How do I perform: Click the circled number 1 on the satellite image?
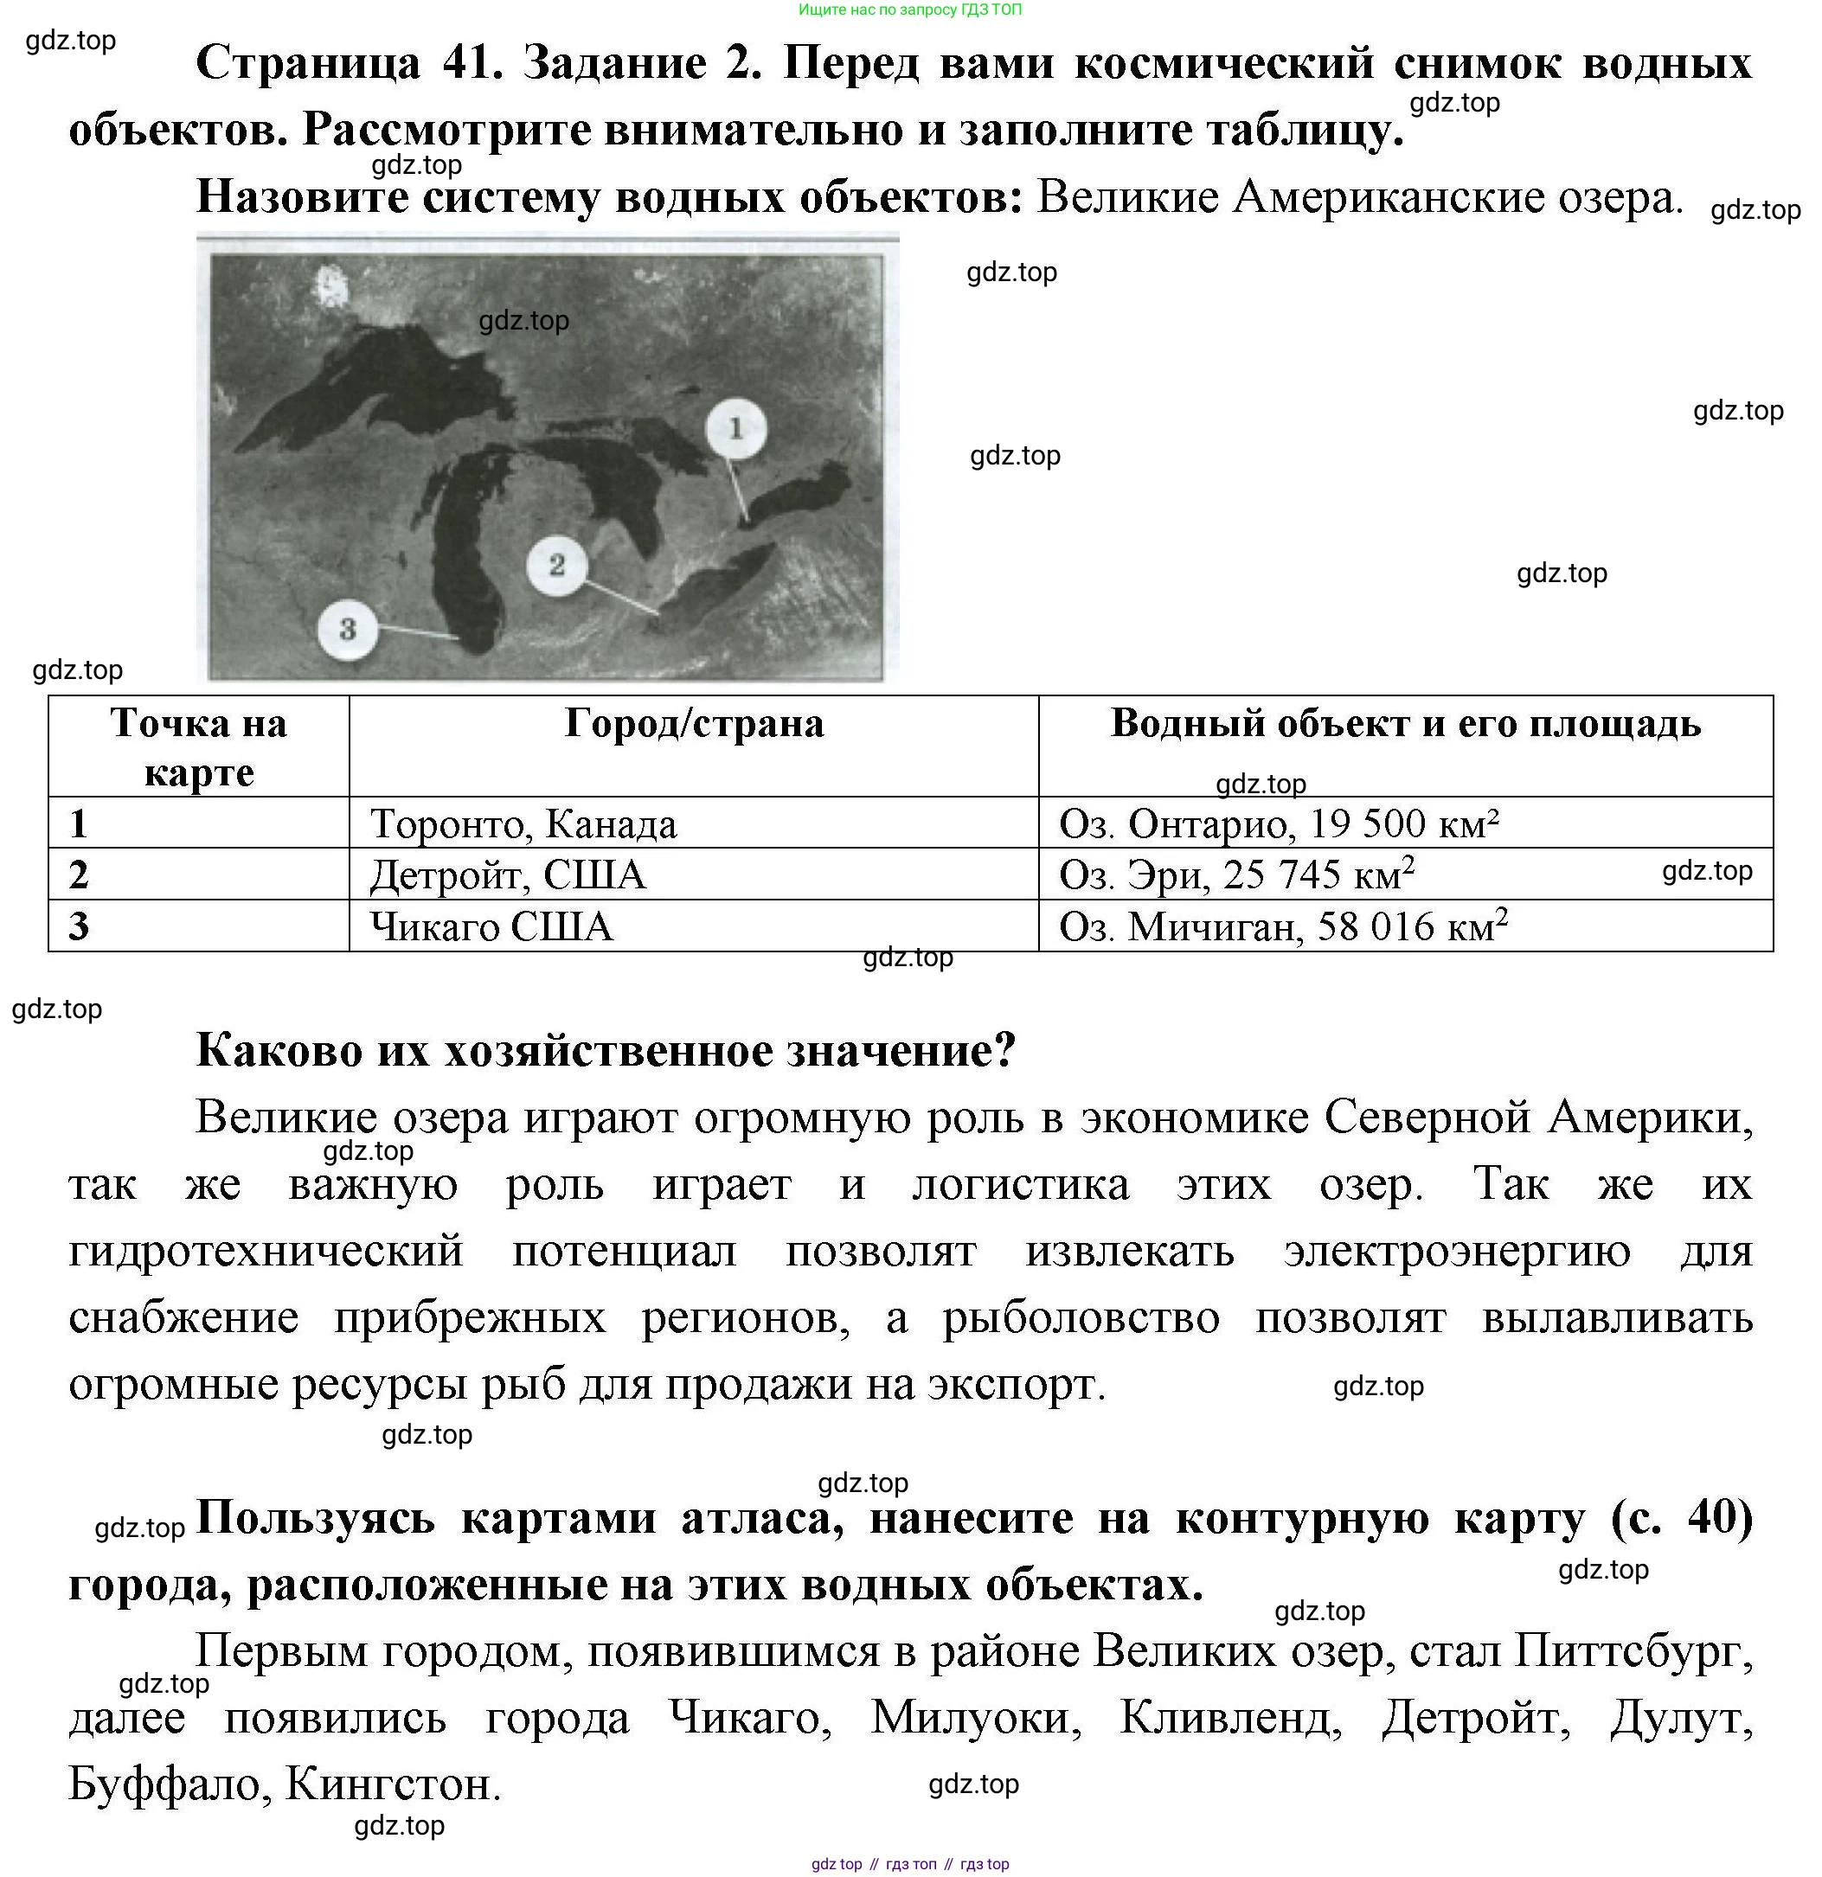tap(735, 428)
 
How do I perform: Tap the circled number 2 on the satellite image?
tap(556, 565)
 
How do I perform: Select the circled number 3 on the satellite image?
tap(348, 629)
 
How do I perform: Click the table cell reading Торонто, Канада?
tap(523, 824)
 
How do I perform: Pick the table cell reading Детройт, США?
tap(508, 875)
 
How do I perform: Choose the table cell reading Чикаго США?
tap(491, 927)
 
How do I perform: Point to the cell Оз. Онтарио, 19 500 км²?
tap(1278, 824)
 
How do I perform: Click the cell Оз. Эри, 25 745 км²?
tap(1235, 875)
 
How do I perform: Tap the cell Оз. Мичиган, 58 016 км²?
tap(1283, 927)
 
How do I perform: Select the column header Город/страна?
tap(694, 724)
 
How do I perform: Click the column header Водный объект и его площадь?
tap(1405, 724)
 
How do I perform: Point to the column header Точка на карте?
tap(198, 747)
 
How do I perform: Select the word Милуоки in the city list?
tap(975, 1718)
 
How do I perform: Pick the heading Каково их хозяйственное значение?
tap(606, 1051)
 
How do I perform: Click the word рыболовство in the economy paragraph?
tap(1081, 1317)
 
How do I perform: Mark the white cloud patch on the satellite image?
tap(332, 287)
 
